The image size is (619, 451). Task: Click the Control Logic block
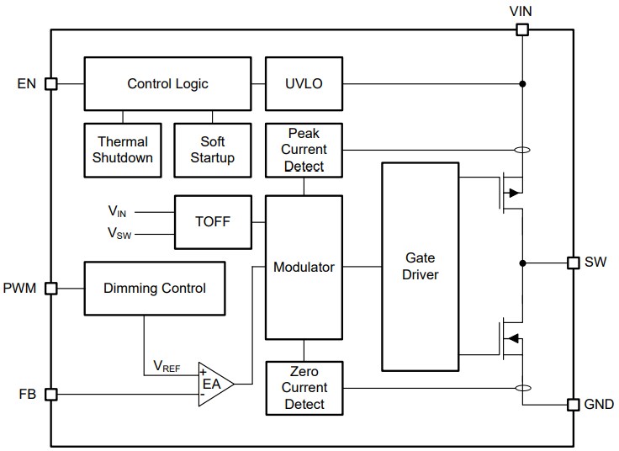point(167,84)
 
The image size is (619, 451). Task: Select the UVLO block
point(304,84)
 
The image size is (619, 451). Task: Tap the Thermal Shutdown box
point(123,150)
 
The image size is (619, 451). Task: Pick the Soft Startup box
point(212,150)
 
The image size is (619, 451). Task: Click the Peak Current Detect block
point(304,150)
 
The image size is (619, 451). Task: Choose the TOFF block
point(212,222)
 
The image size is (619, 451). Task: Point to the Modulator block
point(304,267)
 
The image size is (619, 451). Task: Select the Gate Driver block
point(420,267)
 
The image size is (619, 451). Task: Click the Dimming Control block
point(155,288)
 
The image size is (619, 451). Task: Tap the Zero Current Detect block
point(304,388)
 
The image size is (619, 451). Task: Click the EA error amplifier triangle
point(213,384)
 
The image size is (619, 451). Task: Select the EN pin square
point(50,84)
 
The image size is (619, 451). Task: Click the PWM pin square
point(50,288)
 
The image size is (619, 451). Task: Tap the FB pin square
point(50,394)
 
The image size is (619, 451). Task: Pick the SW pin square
point(574,263)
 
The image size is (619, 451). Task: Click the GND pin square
point(574,405)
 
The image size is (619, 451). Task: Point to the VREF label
point(167,366)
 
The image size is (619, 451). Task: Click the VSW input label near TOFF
point(119,233)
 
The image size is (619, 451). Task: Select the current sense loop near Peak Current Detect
point(522,151)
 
